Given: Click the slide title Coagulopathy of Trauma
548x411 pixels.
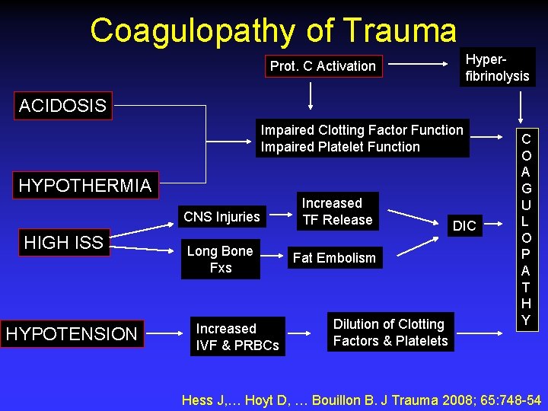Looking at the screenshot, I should point(273,30).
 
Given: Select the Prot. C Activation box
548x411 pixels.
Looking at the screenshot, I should point(323,66).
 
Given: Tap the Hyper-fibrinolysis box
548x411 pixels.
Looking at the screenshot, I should point(497,67).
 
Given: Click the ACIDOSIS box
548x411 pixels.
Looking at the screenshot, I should point(62,106).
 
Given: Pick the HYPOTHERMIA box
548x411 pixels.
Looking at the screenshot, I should point(84,185).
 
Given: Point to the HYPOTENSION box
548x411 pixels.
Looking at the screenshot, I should point(72,333).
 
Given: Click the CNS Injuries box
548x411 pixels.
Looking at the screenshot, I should point(221,217).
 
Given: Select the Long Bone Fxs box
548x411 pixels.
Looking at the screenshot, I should point(220,259).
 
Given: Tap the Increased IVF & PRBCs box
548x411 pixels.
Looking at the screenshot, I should point(237,336).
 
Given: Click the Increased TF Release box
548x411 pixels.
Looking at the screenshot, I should point(337,212).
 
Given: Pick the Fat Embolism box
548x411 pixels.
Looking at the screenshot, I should point(334,258).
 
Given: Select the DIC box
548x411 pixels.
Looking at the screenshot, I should point(464,225).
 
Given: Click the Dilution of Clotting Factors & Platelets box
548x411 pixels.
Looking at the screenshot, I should point(390,333).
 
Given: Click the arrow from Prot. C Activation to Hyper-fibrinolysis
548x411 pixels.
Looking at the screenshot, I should point(420,66).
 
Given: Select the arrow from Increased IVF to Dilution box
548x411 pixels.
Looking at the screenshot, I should point(307,333).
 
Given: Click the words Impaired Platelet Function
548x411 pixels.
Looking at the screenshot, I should point(340,147).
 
